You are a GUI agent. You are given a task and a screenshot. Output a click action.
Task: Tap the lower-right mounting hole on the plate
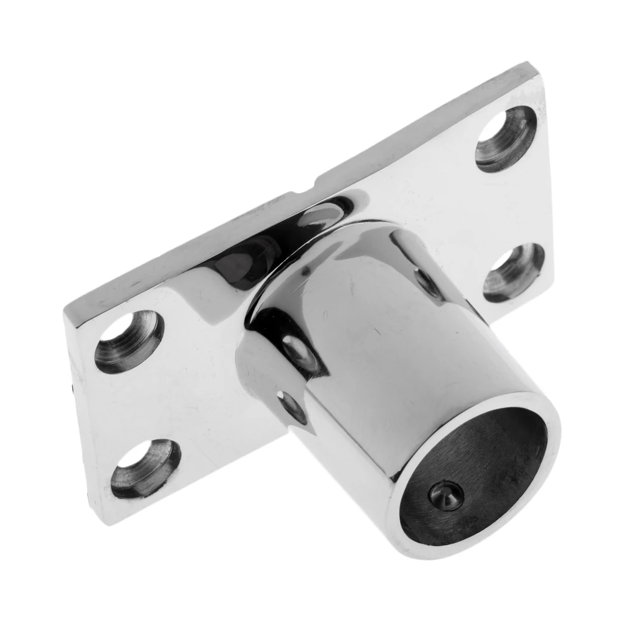[514, 272]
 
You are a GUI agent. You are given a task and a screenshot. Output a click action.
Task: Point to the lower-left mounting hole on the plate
[146, 468]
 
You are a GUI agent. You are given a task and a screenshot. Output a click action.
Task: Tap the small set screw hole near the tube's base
[292, 407]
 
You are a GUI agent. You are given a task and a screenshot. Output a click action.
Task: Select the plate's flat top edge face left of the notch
[187, 249]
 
